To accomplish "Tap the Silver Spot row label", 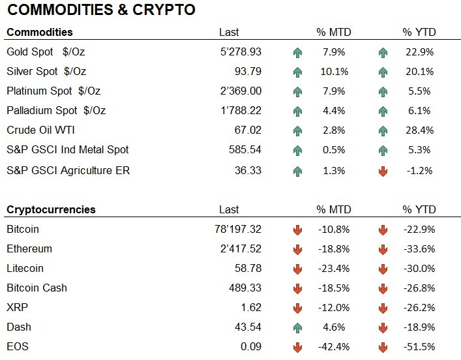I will tap(46, 71).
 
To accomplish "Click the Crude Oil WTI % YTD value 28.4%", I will tap(419, 130).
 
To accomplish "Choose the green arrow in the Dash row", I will tap(298, 327).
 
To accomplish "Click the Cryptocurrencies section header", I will tap(51, 209).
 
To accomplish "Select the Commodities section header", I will tap(39, 32).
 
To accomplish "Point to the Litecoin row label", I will tap(26, 268).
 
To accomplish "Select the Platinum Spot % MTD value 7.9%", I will tap(334, 91).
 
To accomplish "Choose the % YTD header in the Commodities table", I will tap(419, 32).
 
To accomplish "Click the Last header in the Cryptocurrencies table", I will tap(230, 209).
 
